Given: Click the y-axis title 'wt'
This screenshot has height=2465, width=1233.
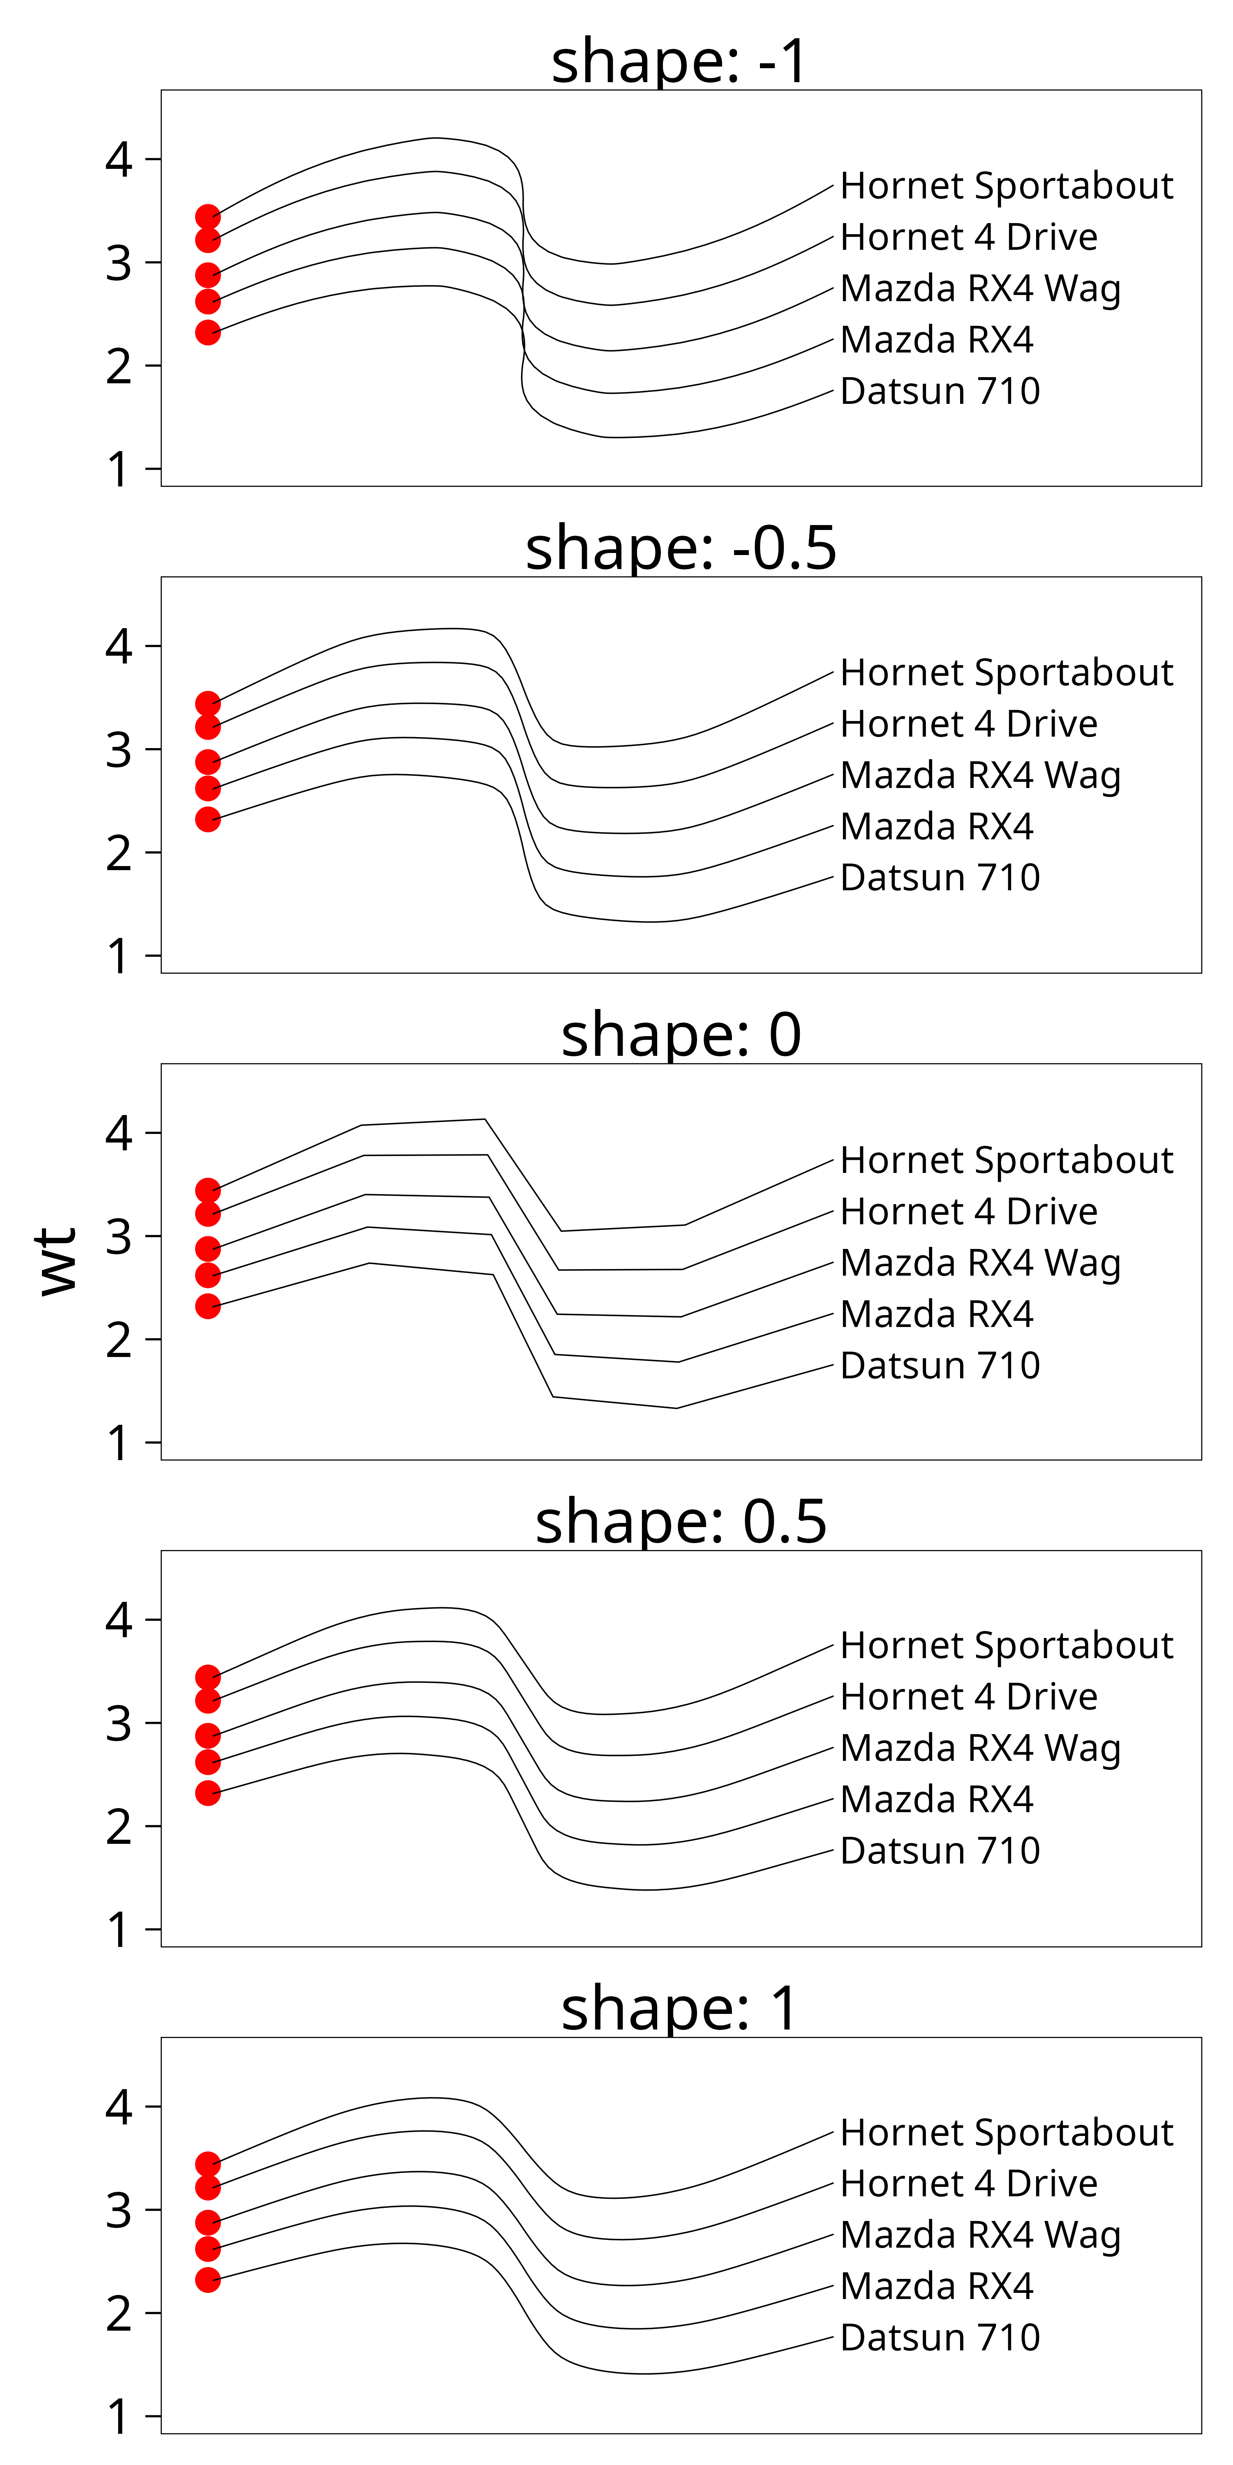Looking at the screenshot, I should coord(58,1261).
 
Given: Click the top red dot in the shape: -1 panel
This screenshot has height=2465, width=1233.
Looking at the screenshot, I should coord(208,217).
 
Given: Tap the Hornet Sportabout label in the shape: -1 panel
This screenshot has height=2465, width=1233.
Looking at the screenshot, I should coord(1006,186).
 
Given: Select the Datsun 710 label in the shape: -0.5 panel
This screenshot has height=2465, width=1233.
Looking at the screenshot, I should coord(939,878).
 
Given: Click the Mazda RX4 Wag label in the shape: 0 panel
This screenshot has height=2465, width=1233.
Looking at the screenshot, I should coord(980,1263).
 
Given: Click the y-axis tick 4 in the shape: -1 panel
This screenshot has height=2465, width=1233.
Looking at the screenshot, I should coord(119,160).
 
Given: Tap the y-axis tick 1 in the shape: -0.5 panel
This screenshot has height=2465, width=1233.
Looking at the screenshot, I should coord(119,956).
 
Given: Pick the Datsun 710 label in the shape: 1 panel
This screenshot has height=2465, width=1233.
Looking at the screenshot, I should coord(939,2338).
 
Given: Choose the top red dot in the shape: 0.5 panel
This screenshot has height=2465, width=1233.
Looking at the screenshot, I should coord(208,1677).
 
